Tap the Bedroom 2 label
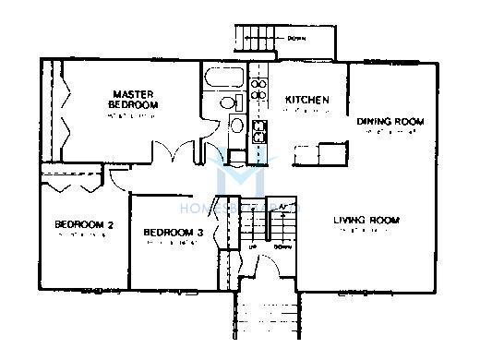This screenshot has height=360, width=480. coord(83,224)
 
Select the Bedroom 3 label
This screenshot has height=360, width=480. coord(174,233)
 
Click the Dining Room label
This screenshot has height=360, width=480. coord(390,121)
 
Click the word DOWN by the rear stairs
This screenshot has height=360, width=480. coord(297,39)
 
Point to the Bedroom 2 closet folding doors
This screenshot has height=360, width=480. coord(72,185)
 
